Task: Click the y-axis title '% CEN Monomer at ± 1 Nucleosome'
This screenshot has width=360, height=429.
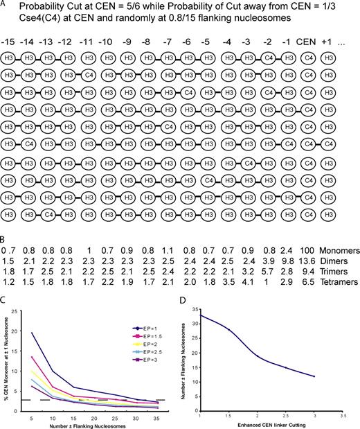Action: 6,355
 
